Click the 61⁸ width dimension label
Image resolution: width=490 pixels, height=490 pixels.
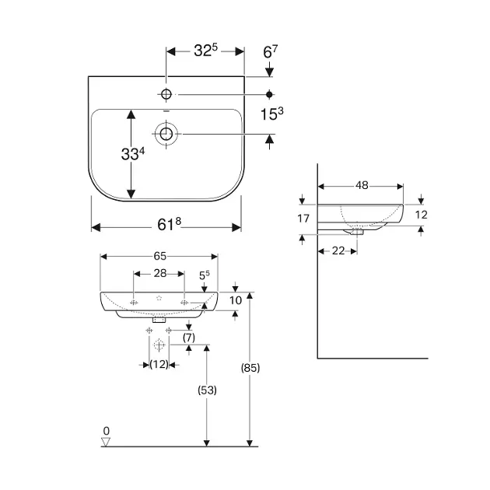click(169, 224)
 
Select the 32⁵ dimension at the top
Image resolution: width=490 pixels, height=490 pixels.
click(205, 50)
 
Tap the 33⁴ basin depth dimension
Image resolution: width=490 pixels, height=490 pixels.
click(133, 154)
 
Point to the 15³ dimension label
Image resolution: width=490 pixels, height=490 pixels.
click(272, 114)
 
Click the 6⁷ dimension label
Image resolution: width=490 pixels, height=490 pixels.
click(271, 52)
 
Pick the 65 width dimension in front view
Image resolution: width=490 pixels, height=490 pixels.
click(160, 256)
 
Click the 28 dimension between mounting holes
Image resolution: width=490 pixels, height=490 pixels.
click(160, 274)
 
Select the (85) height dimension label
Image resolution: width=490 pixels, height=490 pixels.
click(250, 368)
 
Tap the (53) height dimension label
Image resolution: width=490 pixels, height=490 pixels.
click(207, 390)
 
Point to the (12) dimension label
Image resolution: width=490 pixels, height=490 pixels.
click(159, 364)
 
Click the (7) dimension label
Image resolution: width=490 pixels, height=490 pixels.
click(189, 338)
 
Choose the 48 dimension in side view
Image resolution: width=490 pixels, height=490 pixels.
click(362, 185)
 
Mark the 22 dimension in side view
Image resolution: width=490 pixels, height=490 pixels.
click(338, 250)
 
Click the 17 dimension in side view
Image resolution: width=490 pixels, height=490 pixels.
click(303, 219)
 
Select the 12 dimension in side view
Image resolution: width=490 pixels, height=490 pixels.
click(422, 215)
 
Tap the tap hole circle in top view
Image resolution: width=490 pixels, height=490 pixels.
click(166, 94)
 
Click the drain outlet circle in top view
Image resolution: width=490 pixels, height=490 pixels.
click(166, 134)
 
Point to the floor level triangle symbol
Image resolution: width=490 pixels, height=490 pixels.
click(106, 442)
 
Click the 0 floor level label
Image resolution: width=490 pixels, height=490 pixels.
click(107, 431)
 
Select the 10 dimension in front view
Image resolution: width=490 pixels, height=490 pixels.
click(236, 300)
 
